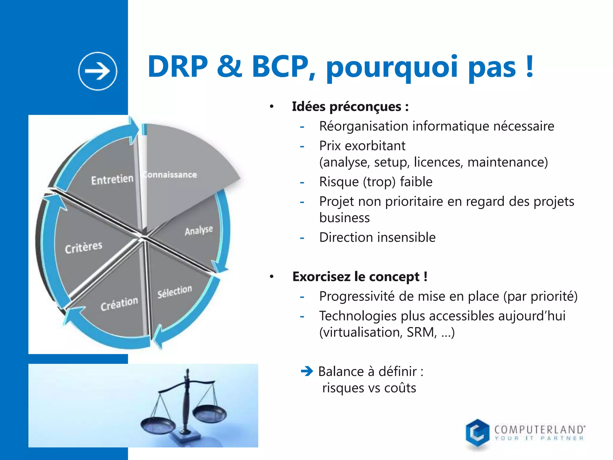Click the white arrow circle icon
[98, 71]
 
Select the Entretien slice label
[112, 180]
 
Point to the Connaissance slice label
[170, 175]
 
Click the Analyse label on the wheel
[199, 230]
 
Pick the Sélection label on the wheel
[175, 291]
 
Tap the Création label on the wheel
[119, 304]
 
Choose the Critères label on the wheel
[84, 247]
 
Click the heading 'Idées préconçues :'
[350, 107]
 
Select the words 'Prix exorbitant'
[362, 146]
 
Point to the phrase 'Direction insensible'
[377, 237]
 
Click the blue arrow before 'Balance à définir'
[307, 371]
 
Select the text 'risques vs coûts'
[369, 388]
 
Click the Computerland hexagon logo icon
[477, 433]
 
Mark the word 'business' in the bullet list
[345, 218]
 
